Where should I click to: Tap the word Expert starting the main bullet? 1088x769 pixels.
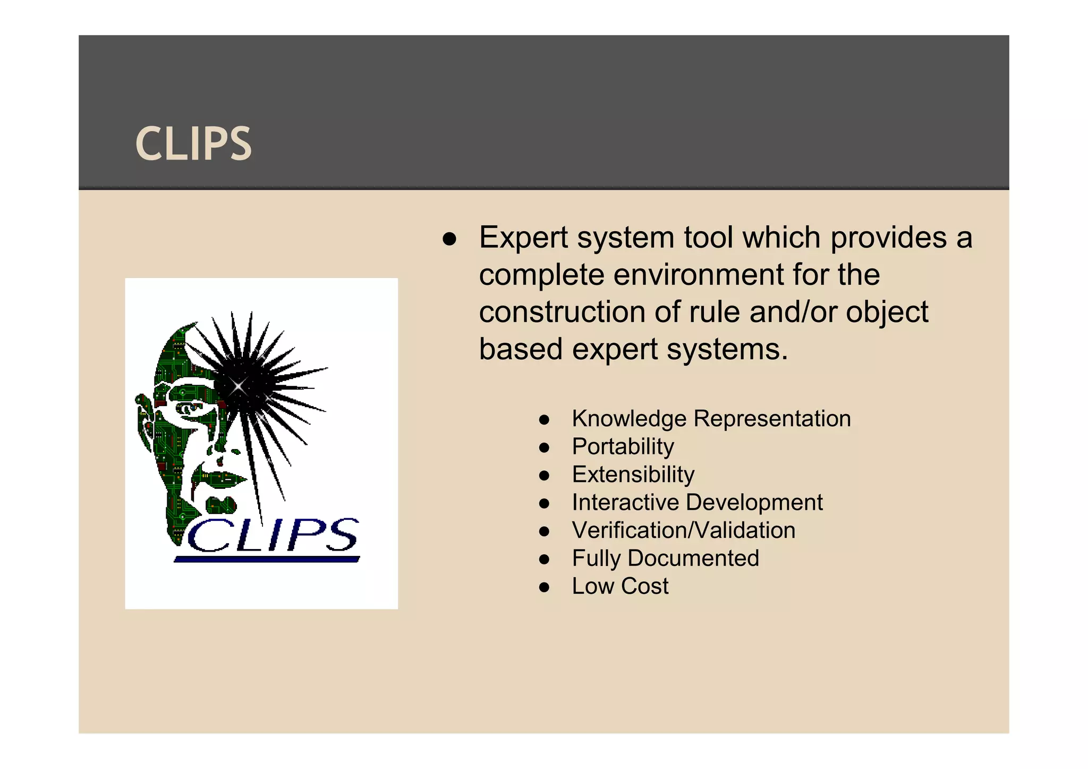pos(523,238)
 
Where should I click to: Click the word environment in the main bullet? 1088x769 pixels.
pos(698,275)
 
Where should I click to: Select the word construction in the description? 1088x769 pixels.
pos(562,312)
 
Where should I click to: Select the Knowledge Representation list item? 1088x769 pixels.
pos(711,419)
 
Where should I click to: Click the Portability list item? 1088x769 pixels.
pos(623,446)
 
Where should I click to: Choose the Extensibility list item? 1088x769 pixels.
pos(633,475)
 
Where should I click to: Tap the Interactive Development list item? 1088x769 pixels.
pos(697,502)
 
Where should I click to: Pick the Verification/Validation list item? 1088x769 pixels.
pos(684,530)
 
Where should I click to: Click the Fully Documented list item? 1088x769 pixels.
pos(665,559)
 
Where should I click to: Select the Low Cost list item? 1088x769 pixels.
pos(620,586)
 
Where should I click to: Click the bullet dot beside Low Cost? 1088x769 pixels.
pos(543,587)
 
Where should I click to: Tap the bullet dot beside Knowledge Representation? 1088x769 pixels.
pos(543,420)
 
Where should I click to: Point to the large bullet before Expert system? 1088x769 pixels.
pos(449,239)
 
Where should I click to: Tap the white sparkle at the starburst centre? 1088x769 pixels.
pos(239,386)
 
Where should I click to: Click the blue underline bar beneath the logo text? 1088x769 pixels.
pos(267,559)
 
